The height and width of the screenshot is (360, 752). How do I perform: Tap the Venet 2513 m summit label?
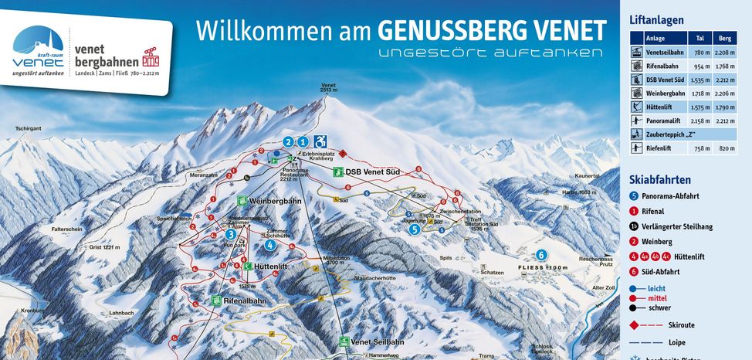[x=328, y=87]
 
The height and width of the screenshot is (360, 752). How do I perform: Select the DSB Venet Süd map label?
[x=368, y=172]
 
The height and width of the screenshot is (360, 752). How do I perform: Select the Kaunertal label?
[x=588, y=175]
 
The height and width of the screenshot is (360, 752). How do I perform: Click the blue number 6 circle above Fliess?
[x=541, y=254]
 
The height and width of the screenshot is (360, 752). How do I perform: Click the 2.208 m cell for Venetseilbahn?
[x=725, y=52]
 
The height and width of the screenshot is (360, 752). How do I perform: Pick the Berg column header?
[x=725, y=37]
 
